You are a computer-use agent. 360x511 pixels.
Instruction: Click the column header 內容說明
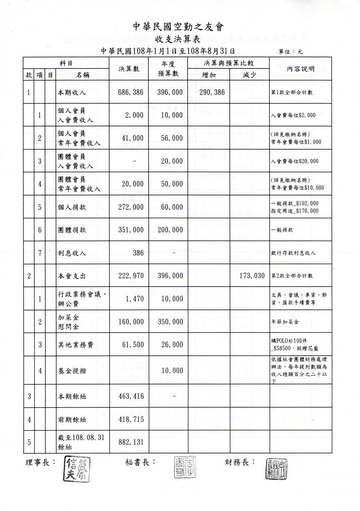301,69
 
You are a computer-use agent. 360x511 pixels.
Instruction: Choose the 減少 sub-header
249,75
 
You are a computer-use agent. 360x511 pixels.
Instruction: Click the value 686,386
131,92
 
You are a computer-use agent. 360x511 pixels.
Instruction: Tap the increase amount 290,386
211,92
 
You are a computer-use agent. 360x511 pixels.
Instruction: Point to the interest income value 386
138,253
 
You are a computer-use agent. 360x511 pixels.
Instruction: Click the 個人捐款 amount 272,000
131,207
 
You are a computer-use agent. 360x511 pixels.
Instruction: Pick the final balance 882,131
131,442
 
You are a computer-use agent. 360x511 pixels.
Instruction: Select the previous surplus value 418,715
131,419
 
